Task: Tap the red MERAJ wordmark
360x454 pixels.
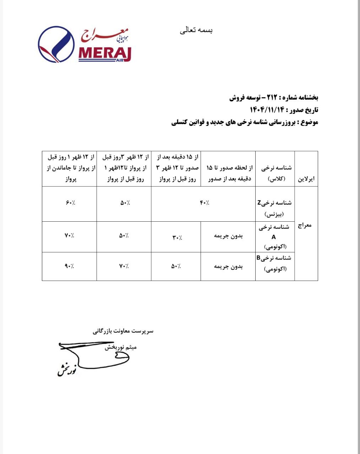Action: (x=105, y=54)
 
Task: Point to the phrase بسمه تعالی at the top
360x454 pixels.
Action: (x=196, y=31)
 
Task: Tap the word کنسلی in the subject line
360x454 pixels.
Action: (x=180, y=122)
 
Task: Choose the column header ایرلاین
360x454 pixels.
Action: (x=306, y=179)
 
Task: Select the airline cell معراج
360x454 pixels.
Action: (x=306, y=226)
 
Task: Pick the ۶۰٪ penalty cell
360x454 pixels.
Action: (x=70, y=203)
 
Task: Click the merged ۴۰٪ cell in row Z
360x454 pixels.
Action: (x=204, y=203)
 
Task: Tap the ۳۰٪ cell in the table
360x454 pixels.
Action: (x=176, y=237)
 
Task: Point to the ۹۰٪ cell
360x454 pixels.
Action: (x=70, y=266)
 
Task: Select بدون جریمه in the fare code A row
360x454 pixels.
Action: (x=228, y=236)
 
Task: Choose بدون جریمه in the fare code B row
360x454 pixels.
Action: (x=228, y=266)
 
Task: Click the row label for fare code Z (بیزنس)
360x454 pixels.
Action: (x=275, y=208)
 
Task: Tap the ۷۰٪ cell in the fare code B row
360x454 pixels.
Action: (x=124, y=266)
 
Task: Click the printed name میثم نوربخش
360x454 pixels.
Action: (x=121, y=347)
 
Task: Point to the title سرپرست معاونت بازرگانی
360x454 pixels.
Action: (x=123, y=331)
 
